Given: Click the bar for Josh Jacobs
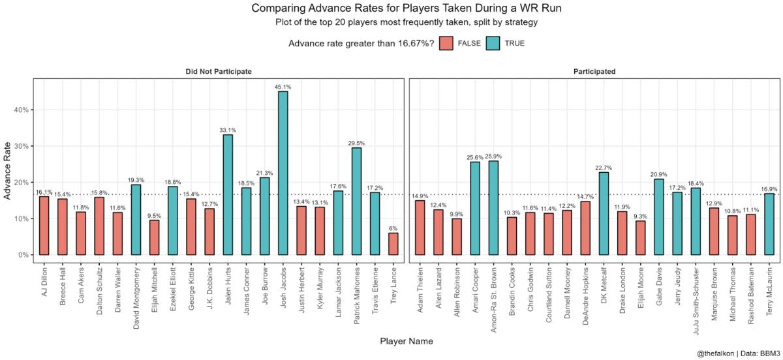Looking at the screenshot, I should [x=283, y=173].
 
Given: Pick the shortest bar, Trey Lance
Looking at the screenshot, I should [x=393, y=244].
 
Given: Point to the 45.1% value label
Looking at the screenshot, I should [x=283, y=86].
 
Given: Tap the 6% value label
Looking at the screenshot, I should [x=393, y=228].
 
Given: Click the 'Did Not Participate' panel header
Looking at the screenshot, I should [x=217, y=71].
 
